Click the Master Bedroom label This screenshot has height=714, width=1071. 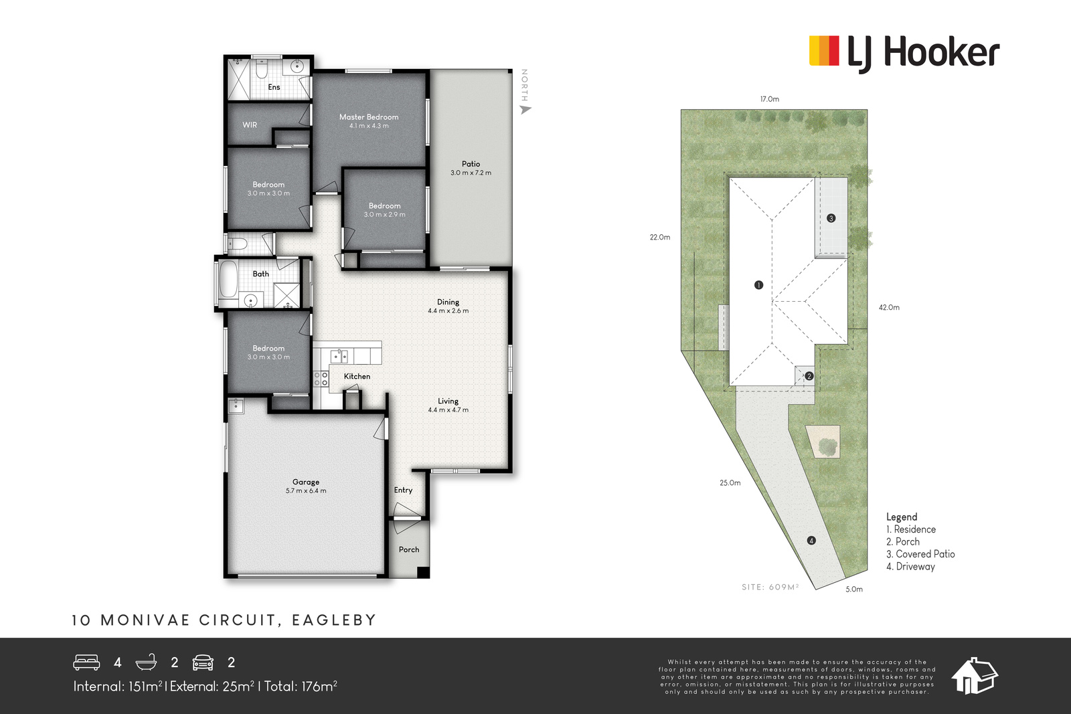(369, 116)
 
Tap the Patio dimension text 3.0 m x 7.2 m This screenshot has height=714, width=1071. (471, 173)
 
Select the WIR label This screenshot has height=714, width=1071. (250, 124)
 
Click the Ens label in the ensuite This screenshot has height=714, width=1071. (274, 87)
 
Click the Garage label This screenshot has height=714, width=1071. (306, 482)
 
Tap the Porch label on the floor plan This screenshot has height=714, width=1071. (409, 549)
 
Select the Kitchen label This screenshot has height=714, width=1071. (357, 376)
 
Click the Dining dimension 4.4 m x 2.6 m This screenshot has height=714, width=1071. (448, 310)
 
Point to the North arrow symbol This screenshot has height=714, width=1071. (525, 110)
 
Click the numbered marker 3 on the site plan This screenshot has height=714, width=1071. (831, 218)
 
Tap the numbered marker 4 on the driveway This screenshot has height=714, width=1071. (811, 541)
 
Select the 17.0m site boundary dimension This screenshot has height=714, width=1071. (770, 99)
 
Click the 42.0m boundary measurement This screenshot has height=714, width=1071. (889, 307)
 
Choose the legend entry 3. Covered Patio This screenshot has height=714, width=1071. (920, 554)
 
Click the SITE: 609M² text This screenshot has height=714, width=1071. (770, 586)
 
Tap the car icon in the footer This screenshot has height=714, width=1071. (203, 662)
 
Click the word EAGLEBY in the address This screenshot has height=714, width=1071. (334, 620)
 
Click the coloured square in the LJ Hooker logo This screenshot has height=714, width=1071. (824, 51)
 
